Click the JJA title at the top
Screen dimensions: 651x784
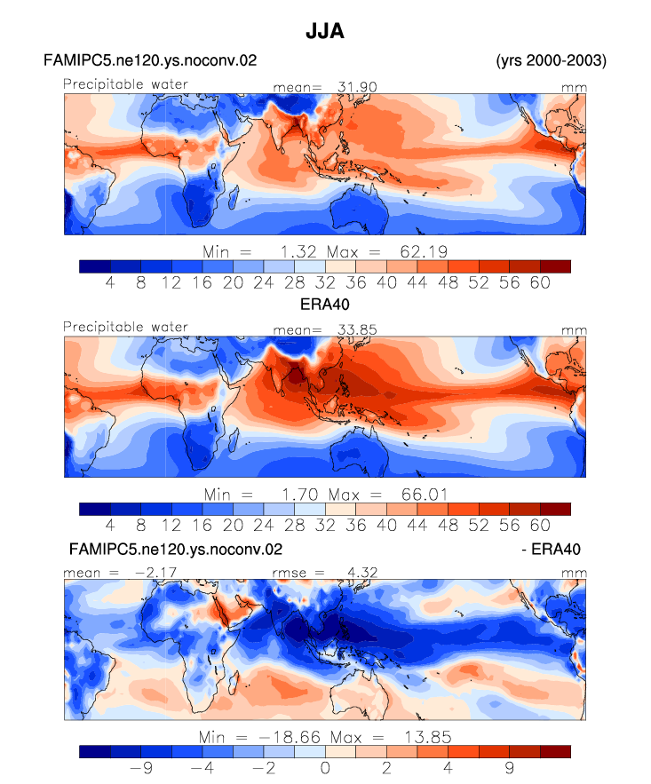[x=325, y=31]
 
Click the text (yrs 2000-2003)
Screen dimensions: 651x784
[x=551, y=60]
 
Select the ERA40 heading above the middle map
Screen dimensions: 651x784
[x=324, y=304]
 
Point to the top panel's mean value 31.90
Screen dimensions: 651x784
[x=357, y=87]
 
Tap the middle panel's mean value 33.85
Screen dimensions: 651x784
[x=357, y=329]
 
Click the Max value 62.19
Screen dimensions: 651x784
[x=424, y=251]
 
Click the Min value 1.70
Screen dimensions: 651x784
[x=300, y=495]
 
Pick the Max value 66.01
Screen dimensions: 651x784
[x=424, y=495]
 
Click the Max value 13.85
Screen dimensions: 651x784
[x=428, y=737]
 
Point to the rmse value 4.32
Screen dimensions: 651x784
[x=362, y=572]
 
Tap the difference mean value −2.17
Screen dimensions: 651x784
[x=155, y=572]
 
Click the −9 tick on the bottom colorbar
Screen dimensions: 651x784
[x=141, y=767]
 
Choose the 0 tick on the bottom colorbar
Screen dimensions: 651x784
[x=325, y=767]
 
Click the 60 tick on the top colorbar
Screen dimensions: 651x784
[x=540, y=282]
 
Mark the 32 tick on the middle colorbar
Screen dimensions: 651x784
[x=325, y=525]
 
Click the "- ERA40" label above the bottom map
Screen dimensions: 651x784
[x=551, y=549]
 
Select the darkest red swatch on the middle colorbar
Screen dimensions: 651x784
[x=555, y=509]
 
